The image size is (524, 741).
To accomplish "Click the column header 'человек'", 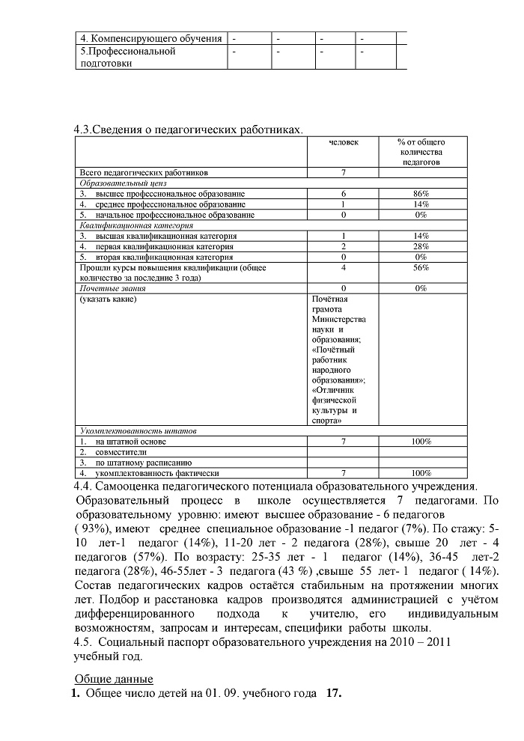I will coord(344,141).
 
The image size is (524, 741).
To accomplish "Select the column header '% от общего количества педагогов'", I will coord(421,151).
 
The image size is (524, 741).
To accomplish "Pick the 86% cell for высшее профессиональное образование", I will coord(421,194).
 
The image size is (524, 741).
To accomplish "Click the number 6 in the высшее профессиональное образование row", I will coord(344,194).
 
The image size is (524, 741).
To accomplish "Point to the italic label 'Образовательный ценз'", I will coord(123,183).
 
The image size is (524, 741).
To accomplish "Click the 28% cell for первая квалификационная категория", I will coord(421,246).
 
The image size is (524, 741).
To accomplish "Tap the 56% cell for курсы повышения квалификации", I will coord(421,267).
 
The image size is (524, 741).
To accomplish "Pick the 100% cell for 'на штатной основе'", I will coord(421,442).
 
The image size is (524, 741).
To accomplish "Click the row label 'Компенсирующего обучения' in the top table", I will coord(151,37).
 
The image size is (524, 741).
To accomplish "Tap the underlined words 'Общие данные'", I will coord(114,679).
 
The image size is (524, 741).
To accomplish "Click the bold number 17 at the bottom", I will coord(334,694).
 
